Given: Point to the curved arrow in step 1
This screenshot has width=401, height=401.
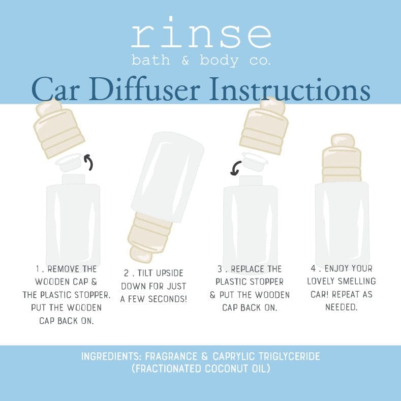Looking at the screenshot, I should [89, 162].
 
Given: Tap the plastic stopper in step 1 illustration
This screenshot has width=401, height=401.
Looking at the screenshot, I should [70, 163].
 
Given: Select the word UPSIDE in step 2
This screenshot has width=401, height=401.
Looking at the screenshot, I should [166, 273].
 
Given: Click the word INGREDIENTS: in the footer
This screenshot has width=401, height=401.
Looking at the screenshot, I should [110, 357].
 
